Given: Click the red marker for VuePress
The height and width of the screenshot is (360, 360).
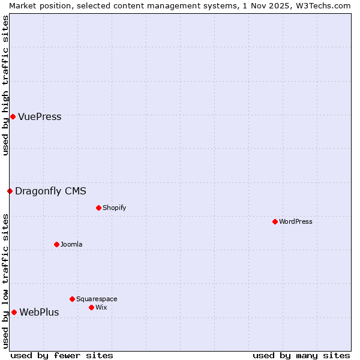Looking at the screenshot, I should point(13,116).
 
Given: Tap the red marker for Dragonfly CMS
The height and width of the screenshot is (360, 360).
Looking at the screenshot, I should point(10,191).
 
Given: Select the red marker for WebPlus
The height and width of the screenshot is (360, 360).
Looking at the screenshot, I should point(14,312).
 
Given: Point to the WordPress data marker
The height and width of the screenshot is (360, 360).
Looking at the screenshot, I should point(275,221).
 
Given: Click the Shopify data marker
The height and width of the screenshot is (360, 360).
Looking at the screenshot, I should point(98,208).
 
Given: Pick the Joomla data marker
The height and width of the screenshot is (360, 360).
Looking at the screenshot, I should point(56,244).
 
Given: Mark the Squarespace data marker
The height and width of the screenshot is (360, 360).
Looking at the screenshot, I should point(72,299).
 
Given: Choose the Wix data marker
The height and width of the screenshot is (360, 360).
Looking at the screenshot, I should point(91,307).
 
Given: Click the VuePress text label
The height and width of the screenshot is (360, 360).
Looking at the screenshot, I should point(40,116).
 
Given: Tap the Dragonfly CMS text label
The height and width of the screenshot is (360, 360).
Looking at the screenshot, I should point(50,191).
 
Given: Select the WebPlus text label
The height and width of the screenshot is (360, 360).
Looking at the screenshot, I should point(39,312).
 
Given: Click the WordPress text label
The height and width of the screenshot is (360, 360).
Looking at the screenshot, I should point(296,221).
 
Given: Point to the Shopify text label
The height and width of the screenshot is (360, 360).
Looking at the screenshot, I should point(114,208).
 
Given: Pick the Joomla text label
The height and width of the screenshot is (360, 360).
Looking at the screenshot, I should point(71,244).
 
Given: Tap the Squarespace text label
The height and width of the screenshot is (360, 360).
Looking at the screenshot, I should point(97,299).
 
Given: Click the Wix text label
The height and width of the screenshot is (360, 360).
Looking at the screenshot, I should point(101,307).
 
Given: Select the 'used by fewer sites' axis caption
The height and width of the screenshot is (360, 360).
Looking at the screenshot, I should point(62,355).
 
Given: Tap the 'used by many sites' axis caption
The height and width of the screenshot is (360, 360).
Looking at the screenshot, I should point(301,355).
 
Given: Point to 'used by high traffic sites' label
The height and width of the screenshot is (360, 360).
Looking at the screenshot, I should point(5,85).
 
